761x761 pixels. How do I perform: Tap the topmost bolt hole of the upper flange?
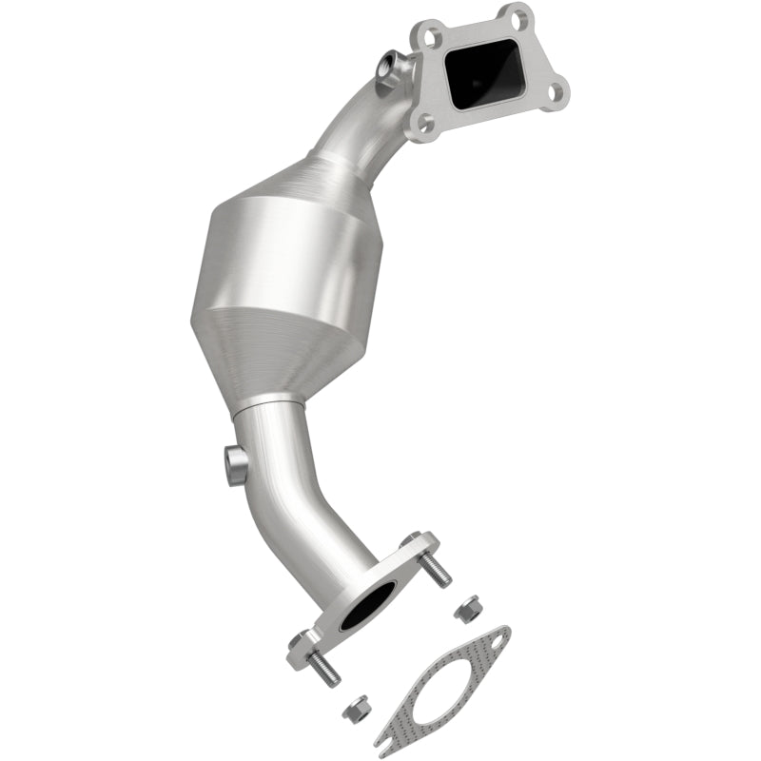tap(516, 15)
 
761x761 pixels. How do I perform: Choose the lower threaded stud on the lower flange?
tap(324, 669)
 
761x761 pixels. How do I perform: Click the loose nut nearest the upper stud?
tap(466, 610)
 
